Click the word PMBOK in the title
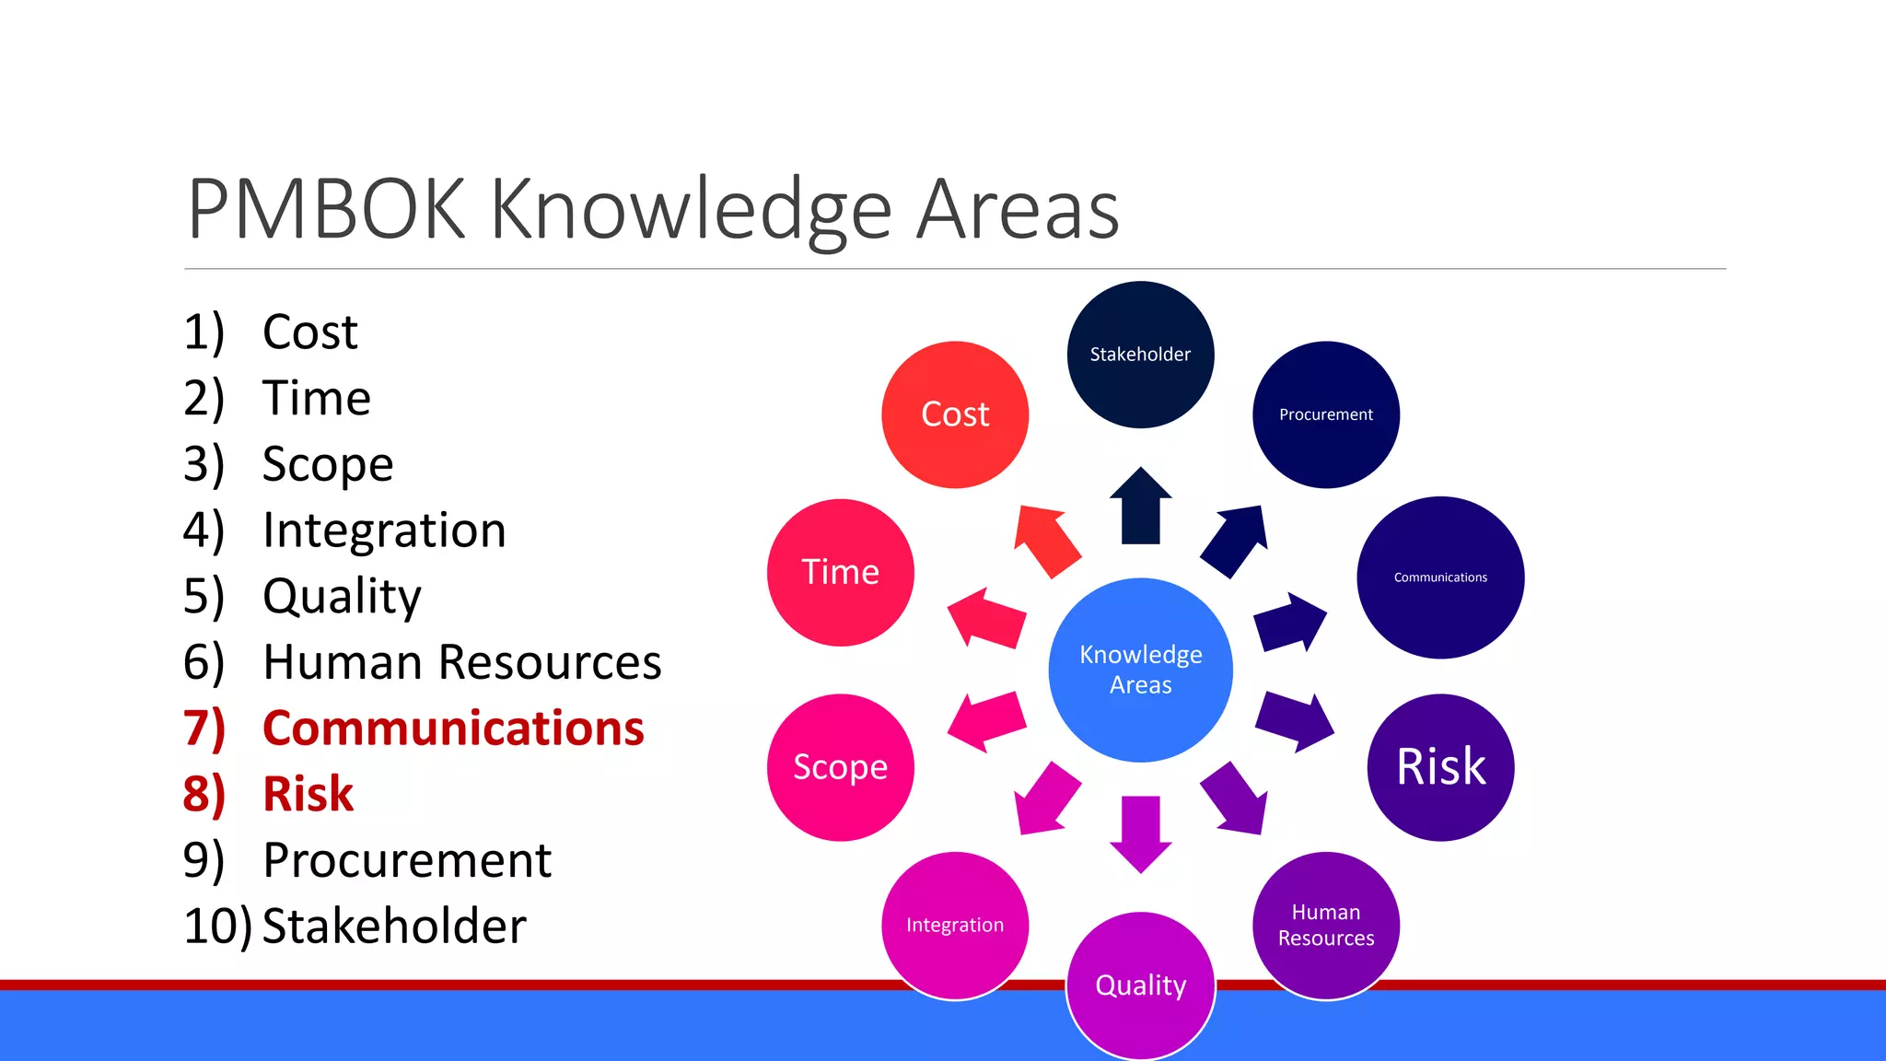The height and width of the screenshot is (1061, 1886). point(326,210)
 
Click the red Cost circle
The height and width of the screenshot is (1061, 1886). point(955,414)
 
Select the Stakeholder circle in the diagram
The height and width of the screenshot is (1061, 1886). point(1140,355)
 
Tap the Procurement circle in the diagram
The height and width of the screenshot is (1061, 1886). point(1326,414)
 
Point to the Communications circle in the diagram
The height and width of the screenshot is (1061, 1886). point(1440,577)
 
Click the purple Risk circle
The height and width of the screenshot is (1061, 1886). point(1440,766)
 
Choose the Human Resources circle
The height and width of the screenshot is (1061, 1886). point(1326,925)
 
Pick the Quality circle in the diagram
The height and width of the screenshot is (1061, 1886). point(1140,985)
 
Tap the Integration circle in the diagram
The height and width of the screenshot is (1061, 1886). point(955,925)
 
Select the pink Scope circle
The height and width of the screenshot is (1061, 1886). point(840,766)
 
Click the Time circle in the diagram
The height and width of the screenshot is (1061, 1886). point(840,572)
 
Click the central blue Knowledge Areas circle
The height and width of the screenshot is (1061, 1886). point(1140,670)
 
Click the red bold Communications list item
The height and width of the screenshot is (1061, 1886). point(453,728)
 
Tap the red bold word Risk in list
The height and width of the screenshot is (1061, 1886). point(308,794)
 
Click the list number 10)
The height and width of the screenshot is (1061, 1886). point(217,926)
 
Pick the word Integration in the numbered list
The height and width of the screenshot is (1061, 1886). point(384,530)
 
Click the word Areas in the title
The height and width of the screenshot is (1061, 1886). point(1018,210)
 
